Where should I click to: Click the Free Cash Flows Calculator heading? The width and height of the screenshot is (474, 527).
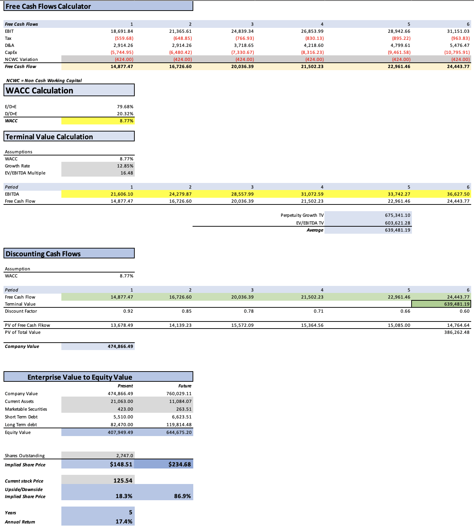click(48, 6)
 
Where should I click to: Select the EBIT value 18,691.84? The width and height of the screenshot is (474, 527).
click(122, 31)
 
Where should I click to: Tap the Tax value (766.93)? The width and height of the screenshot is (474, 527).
click(244, 38)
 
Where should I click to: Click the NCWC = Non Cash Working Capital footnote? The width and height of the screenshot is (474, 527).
click(44, 81)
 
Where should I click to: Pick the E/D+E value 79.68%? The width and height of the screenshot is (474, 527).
click(125, 107)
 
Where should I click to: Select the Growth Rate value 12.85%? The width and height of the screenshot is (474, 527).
click(125, 166)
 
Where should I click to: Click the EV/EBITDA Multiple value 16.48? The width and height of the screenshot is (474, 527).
click(127, 173)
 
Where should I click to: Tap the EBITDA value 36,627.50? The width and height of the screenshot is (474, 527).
click(458, 194)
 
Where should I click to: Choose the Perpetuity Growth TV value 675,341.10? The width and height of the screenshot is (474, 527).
click(397, 215)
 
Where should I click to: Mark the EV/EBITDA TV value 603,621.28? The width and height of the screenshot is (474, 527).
click(397, 223)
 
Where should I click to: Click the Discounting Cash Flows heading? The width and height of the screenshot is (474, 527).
click(43, 254)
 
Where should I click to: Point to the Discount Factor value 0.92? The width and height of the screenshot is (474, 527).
click(128, 311)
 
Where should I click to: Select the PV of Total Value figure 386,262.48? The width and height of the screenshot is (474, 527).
click(457, 332)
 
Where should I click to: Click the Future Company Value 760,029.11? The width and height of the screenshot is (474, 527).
click(179, 394)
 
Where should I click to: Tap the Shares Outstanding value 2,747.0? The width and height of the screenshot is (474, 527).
click(124, 456)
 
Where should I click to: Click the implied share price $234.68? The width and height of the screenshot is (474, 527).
click(180, 464)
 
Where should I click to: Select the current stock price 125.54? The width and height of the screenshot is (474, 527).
click(123, 480)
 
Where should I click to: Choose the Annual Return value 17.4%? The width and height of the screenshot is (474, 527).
click(124, 521)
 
